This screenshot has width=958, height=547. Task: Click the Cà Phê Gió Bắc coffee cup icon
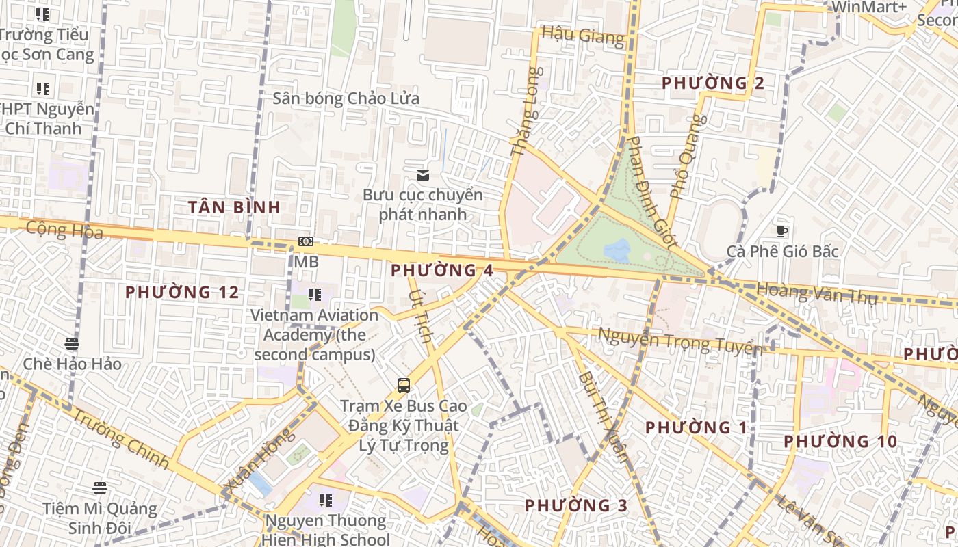(x=782, y=231)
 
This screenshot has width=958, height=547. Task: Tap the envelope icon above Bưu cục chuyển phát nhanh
(x=423, y=175)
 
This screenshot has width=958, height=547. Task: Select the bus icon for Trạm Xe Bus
(x=404, y=386)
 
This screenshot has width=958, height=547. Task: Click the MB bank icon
(x=306, y=241)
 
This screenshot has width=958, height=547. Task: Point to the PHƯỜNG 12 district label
(x=182, y=293)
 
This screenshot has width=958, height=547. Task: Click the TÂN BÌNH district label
(x=234, y=207)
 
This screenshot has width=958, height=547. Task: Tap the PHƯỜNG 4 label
(x=441, y=270)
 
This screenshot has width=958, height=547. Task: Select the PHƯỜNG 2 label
(x=712, y=83)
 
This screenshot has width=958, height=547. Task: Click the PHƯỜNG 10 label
(x=840, y=442)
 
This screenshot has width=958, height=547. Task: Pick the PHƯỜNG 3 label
(x=575, y=506)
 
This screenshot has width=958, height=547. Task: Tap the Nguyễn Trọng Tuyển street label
(x=680, y=341)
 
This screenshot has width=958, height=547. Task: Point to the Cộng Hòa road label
(x=64, y=230)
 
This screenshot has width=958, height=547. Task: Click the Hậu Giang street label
(x=583, y=36)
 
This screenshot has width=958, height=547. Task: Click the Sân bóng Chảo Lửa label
(x=346, y=98)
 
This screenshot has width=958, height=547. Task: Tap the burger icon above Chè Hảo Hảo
(x=72, y=343)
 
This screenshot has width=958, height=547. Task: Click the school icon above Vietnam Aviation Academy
(x=314, y=295)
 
